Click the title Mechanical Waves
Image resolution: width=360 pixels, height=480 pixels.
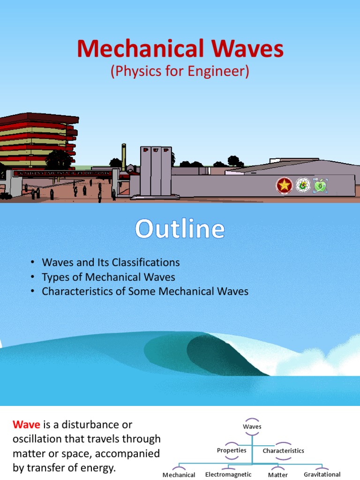coord(180,49)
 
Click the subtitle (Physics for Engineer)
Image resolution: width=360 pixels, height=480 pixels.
coord(180,71)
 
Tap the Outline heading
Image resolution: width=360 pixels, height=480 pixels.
coord(180,230)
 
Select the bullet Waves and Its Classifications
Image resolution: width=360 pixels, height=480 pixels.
coord(111,262)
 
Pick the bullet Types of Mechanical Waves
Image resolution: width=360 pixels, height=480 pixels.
coord(108,277)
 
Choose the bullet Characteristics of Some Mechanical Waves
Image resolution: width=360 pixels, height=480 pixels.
coord(145,292)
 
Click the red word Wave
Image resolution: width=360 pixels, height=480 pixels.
coord(26,425)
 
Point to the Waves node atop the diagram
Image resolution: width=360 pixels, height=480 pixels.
coord(252,427)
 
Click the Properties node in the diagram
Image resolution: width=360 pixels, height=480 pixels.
coord(232,450)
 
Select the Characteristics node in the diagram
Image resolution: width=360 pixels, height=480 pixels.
coord(283,451)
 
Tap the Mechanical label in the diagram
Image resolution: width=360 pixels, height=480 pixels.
coord(179,475)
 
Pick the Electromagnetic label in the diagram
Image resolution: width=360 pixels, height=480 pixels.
coord(228,474)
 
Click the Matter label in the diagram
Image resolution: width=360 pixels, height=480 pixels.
coord(278,475)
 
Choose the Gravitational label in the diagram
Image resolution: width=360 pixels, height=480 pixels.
coord(322,474)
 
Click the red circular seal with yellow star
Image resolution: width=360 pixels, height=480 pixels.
coord(284,185)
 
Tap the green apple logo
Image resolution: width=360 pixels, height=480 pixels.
coord(321,186)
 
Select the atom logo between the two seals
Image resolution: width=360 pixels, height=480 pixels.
coord(303,185)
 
